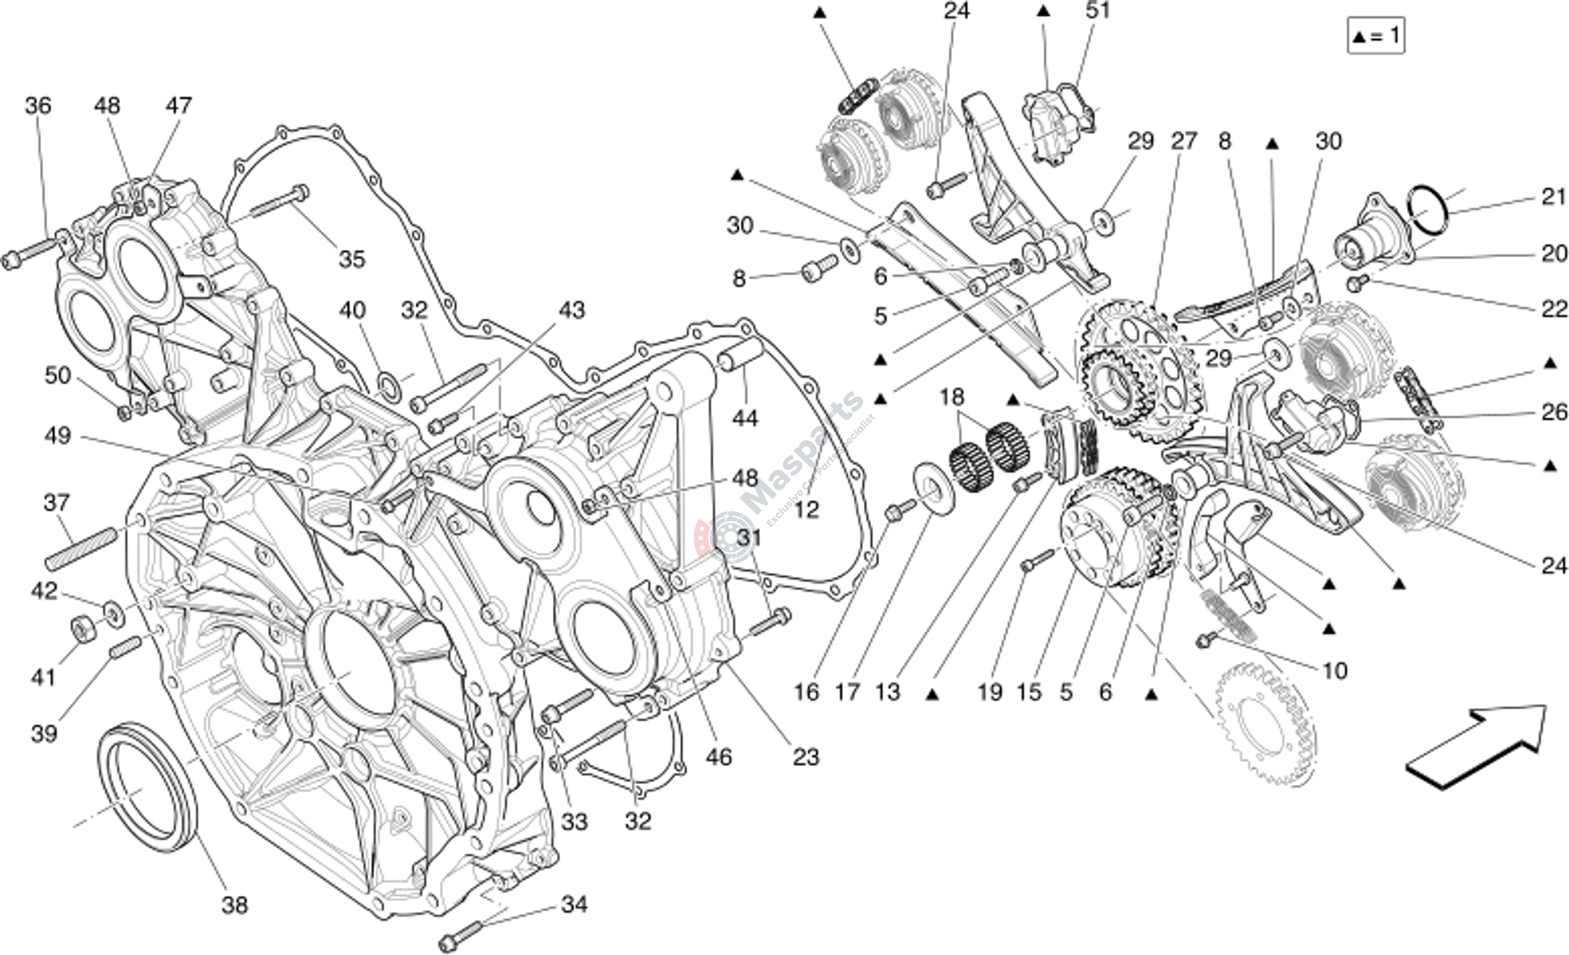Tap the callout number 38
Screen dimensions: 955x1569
click(234, 905)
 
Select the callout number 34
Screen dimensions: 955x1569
click(574, 904)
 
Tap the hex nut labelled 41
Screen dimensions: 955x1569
click(83, 630)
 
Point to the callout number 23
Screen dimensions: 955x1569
click(806, 757)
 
